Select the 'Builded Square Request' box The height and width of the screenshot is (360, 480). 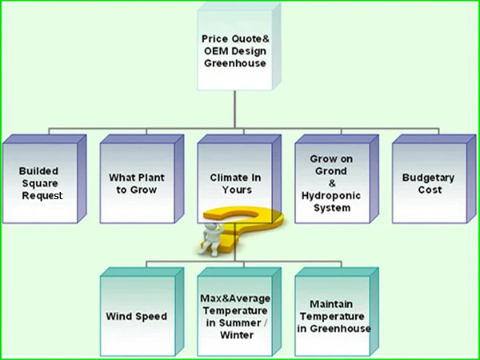coord(41,183)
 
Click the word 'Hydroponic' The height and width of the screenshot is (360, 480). coord(326,195)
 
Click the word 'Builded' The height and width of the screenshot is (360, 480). coord(39,171)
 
